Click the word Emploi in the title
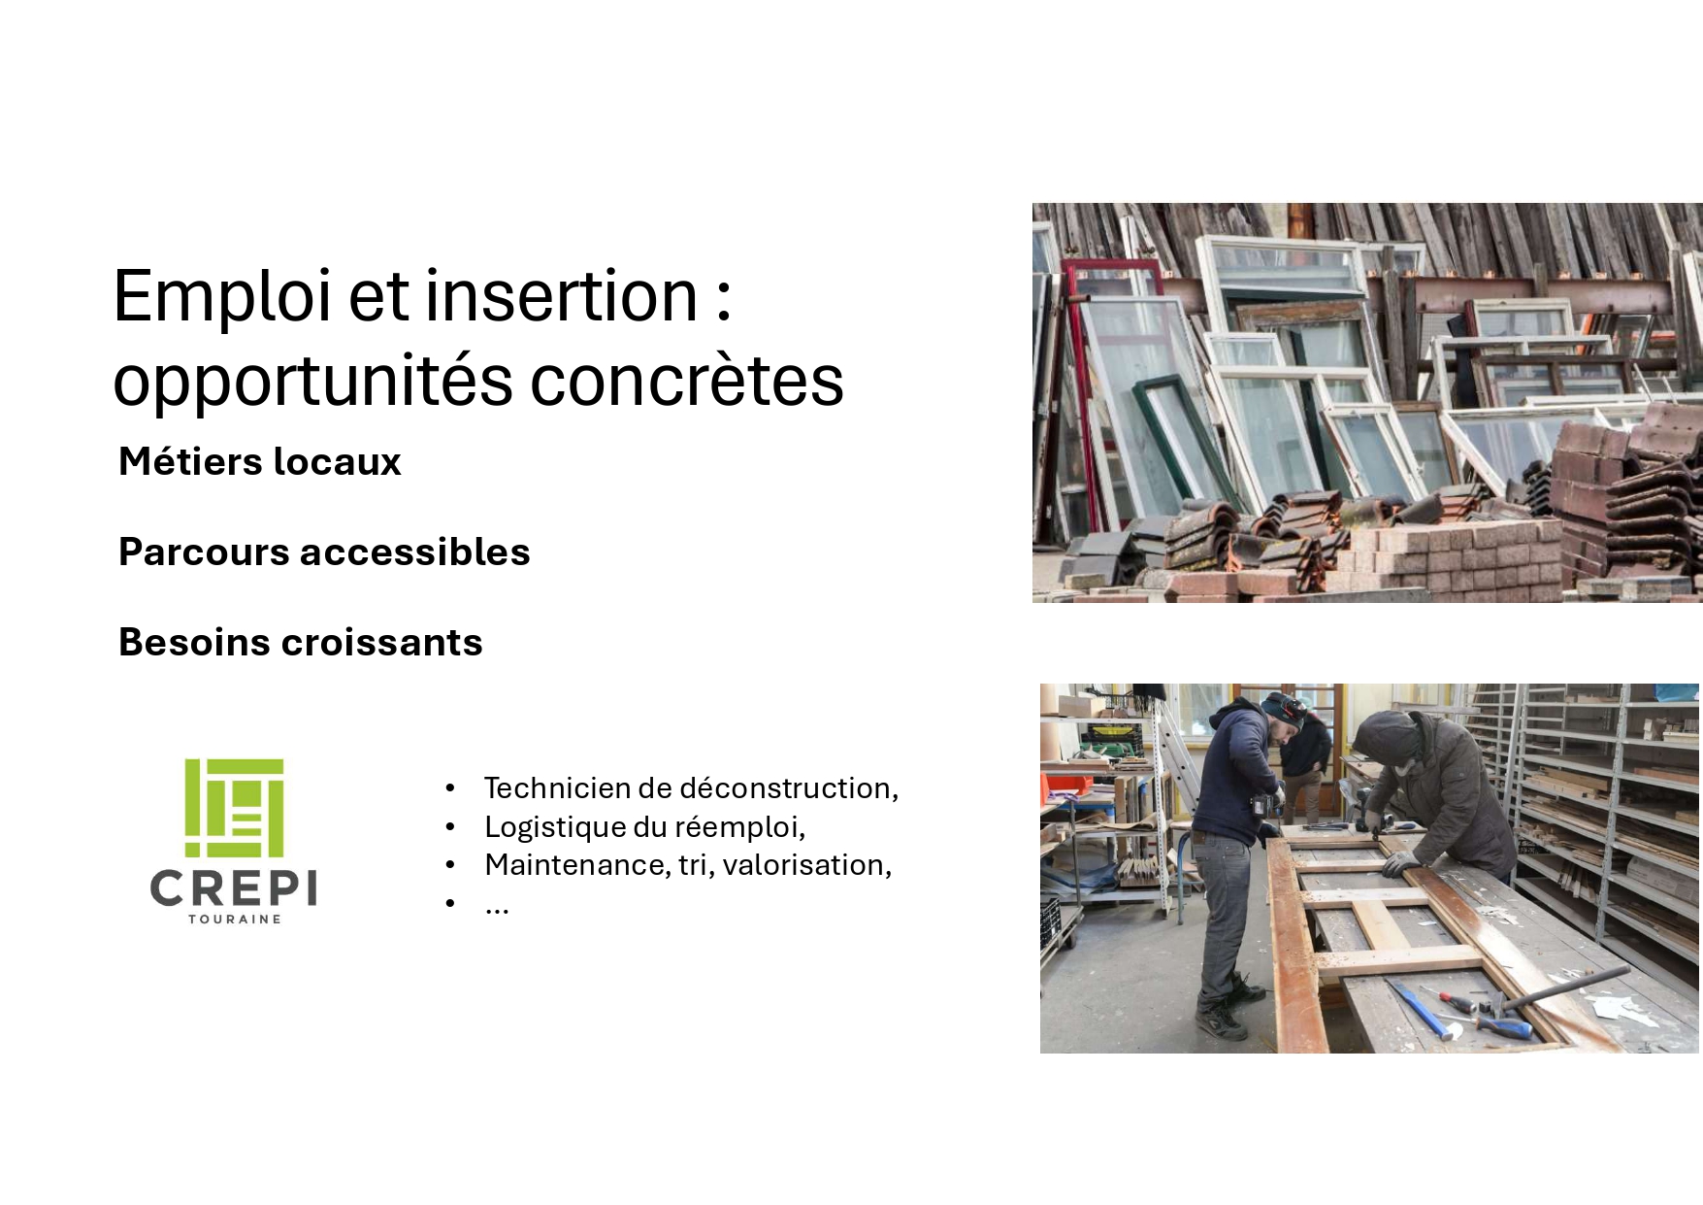(222, 297)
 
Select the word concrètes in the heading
(687, 380)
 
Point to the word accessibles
(415, 552)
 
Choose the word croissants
(381, 642)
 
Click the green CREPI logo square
(234, 808)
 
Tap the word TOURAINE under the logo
(234, 919)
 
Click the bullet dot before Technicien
(450, 787)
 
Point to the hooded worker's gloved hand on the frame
(1398, 862)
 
